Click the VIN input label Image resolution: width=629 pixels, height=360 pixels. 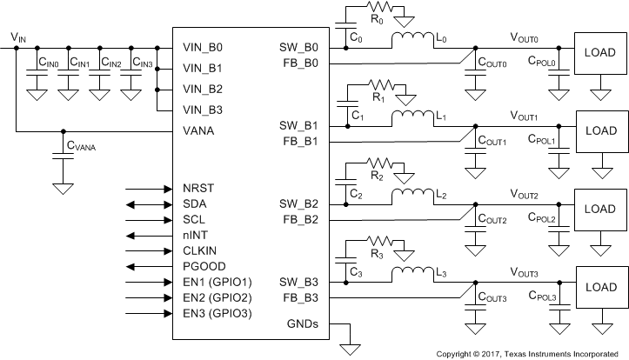(18, 37)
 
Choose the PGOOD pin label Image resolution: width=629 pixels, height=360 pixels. (205, 266)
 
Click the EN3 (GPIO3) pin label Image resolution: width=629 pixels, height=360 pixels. (217, 313)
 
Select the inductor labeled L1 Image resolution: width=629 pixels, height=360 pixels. (411, 117)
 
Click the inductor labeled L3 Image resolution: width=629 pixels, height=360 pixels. (411, 274)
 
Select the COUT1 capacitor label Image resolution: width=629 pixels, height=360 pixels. (490, 142)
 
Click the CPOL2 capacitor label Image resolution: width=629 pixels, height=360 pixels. (542, 220)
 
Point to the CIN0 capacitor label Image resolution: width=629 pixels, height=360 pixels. (48, 63)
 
